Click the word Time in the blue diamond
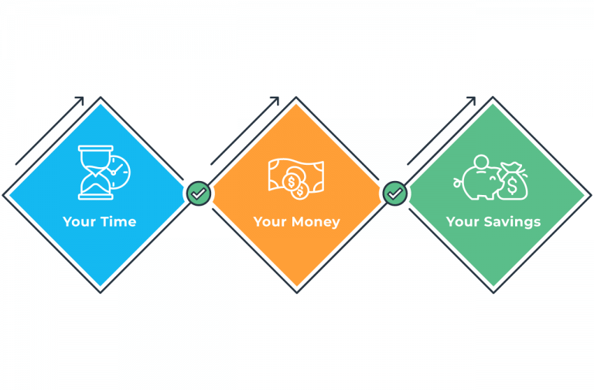click(120, 222)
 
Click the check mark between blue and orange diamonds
click(199, 193)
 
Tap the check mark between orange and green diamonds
click(395, 193)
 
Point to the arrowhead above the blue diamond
click(80, 100)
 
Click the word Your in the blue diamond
click(79, 222)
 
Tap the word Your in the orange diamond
click(270, 222)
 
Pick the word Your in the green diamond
click(463, 222)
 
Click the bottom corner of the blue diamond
click(101, 291)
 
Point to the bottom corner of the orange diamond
click(297, 291)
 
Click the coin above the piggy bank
click(481, 160)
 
